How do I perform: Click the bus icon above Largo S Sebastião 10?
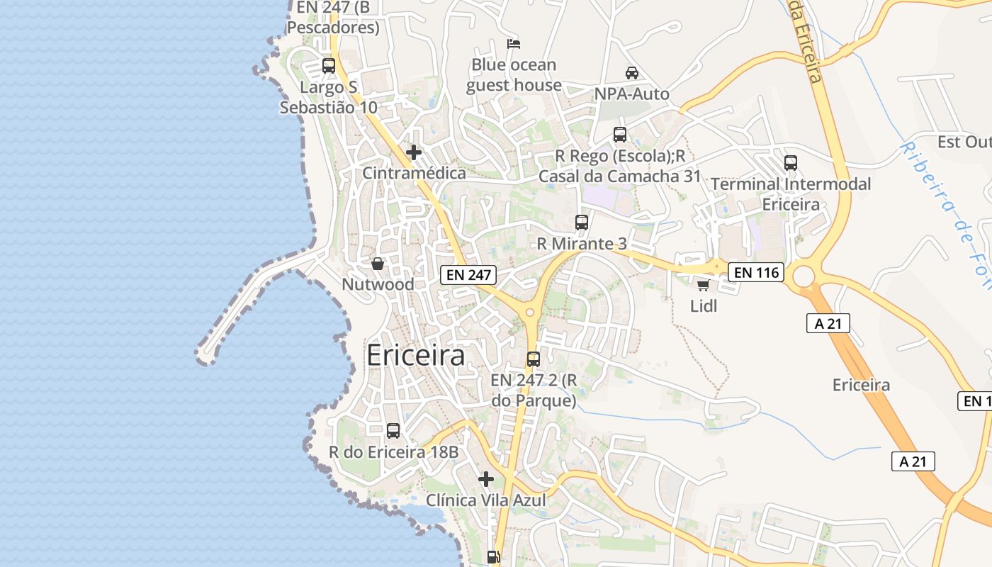tap(328, 66)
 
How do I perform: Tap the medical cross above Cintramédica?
tap(414, 152)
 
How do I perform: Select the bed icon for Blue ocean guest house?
tap(514, 44)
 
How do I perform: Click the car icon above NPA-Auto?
tap(632, 72)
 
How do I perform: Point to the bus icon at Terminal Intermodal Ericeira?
tap(791, 163)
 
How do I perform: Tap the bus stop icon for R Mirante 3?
tap(582, 223)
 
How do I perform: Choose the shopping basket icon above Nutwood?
tap(378, 264)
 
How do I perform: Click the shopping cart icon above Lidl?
tap(703, 285)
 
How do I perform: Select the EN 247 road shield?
tap(468, 275)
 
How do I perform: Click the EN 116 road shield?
tap(756, 272)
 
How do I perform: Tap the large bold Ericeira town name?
tap(416, 356)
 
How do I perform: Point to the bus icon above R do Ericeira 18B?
tap(393, 430)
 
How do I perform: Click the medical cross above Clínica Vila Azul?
tap(486, 479)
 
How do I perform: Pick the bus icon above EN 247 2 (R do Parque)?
tap(534, 359)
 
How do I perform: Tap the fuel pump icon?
tap(494, 557)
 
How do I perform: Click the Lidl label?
tap(704, 306)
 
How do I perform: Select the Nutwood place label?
tap(378, 284)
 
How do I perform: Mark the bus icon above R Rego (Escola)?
tap(620, 135)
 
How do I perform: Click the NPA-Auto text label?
tap(631, 94)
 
